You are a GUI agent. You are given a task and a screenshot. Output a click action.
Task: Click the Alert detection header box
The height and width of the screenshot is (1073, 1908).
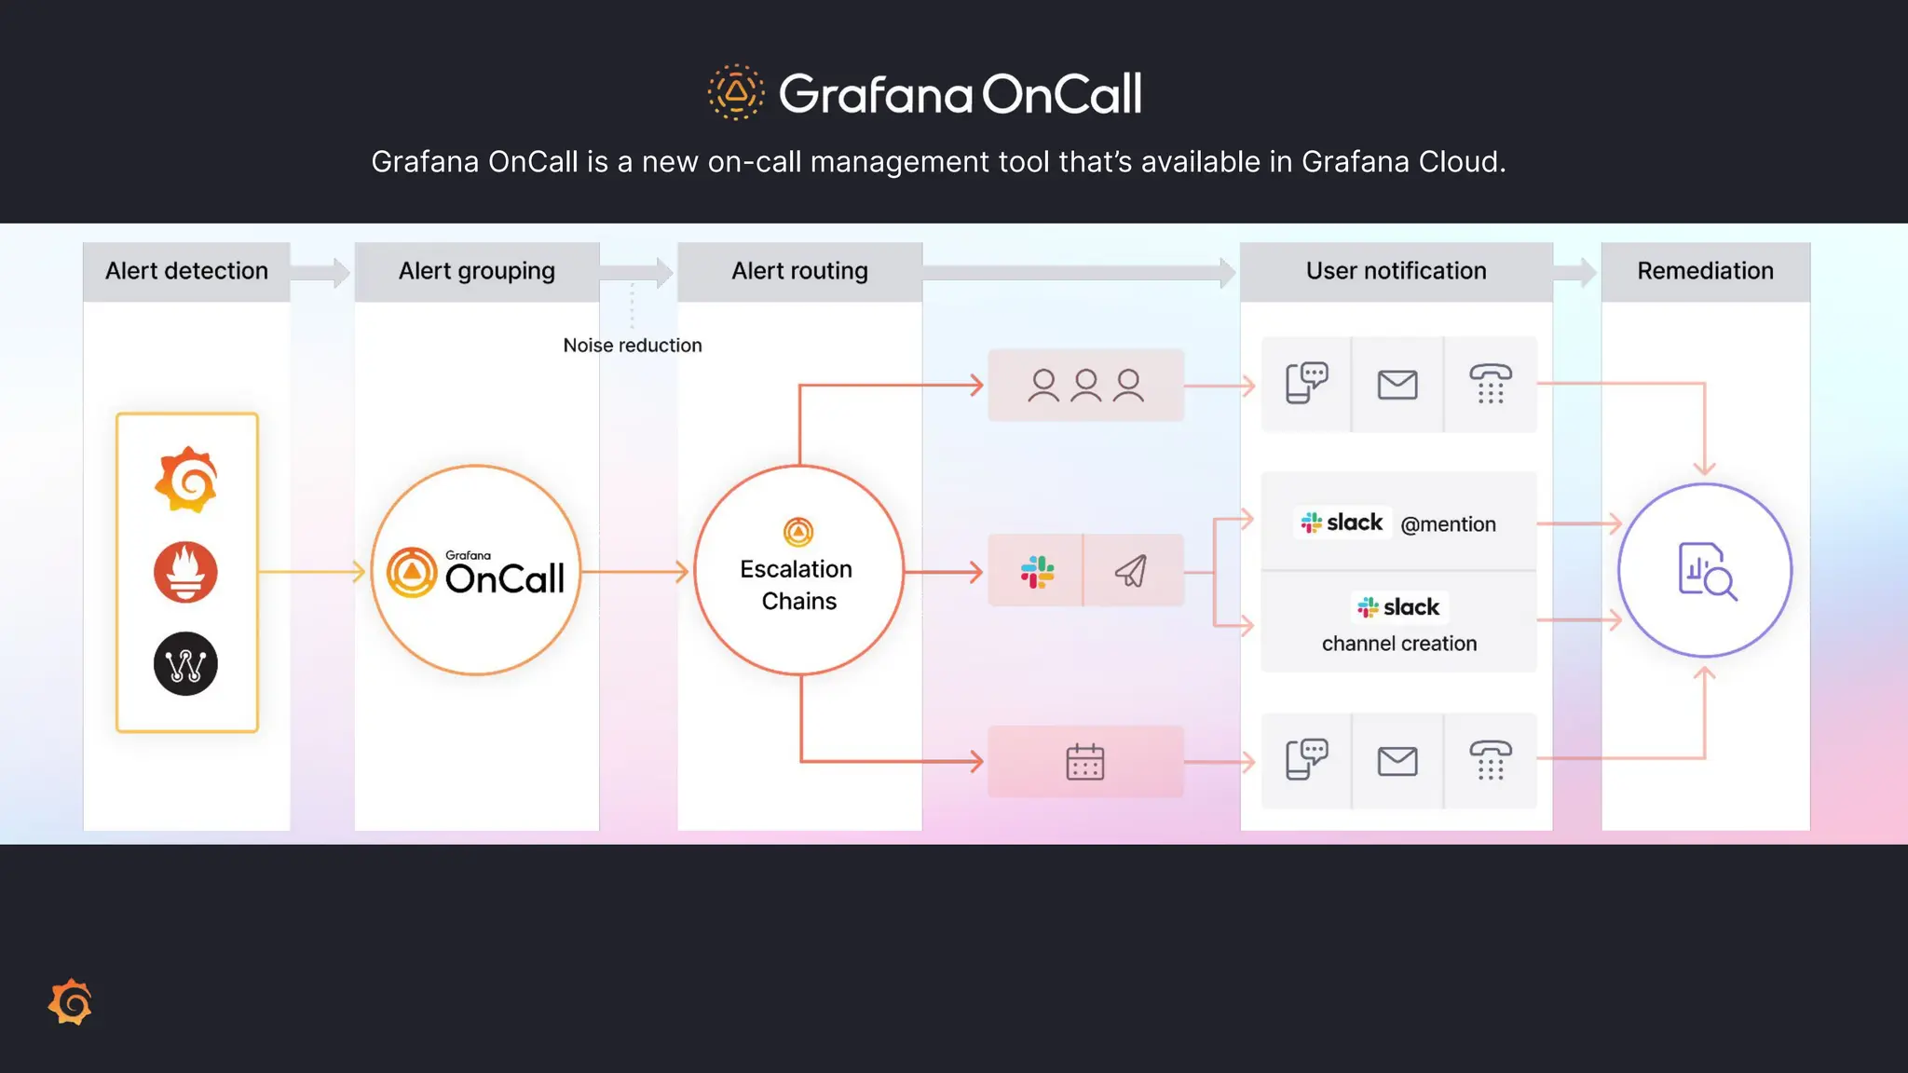(x=186, y=271)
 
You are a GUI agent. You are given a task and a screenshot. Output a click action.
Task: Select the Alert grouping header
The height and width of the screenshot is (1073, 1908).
(x=476, y=271)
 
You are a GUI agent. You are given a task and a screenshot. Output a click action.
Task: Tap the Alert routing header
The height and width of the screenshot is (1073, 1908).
(x=799, y=271)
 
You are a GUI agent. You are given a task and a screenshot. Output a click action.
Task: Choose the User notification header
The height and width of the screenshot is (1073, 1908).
(x=1396, y=271)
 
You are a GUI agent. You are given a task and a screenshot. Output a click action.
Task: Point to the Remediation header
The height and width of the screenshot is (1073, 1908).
(x=1705, y=271)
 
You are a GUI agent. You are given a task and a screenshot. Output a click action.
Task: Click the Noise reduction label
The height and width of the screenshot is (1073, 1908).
(x=633, y=346)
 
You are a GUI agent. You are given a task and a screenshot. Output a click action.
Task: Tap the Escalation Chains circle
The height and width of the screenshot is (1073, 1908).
(x=798, y=571)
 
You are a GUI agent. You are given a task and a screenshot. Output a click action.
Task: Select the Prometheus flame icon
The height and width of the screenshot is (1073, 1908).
(x=185, y=572)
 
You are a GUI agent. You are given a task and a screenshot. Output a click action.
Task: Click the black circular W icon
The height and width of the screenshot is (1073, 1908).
(x=185, y=664)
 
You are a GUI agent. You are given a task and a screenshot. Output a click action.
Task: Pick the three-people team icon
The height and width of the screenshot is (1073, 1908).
(x=1085, y=385)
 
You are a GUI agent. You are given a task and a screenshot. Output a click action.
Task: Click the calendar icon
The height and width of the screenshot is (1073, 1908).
(x=1084, y=762)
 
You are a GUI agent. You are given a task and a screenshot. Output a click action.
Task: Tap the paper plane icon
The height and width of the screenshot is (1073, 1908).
(x=1131, y=570)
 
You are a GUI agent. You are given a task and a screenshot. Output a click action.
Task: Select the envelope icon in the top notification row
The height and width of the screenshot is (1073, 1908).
(x=1397, y=384)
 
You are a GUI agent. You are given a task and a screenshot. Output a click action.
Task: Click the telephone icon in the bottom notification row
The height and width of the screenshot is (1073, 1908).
(x=1490, y=760)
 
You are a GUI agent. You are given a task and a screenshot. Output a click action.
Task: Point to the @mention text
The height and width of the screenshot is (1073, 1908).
(x=1448, y=524)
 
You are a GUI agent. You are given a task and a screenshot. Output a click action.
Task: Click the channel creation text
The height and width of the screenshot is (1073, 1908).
(x=1398, y=644)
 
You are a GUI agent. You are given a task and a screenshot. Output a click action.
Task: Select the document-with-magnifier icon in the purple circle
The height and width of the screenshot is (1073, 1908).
(x=1706, y=571)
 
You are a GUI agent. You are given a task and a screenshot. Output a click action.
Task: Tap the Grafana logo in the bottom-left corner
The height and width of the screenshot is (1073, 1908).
(x=71, y=1002)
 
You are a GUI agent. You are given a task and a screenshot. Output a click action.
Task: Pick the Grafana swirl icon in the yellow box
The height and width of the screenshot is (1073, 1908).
(x=186, y=480)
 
